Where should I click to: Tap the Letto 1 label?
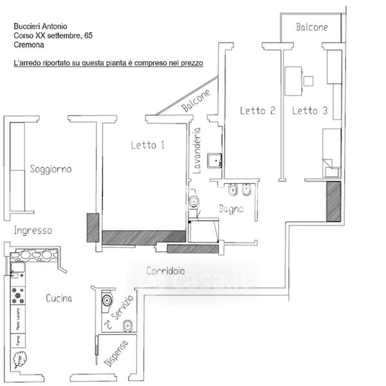coord(148,145)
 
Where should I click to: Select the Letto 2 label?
coord(257,111)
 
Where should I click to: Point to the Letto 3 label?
coord(310,111)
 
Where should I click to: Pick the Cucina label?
coord(59,299)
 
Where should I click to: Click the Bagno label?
coord(230,208)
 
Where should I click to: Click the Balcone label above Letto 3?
coord(312,27)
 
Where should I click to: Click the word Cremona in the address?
coord(28,45)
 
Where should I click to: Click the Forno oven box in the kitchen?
coord(18,340)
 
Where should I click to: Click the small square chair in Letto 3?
coord(309,81)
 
